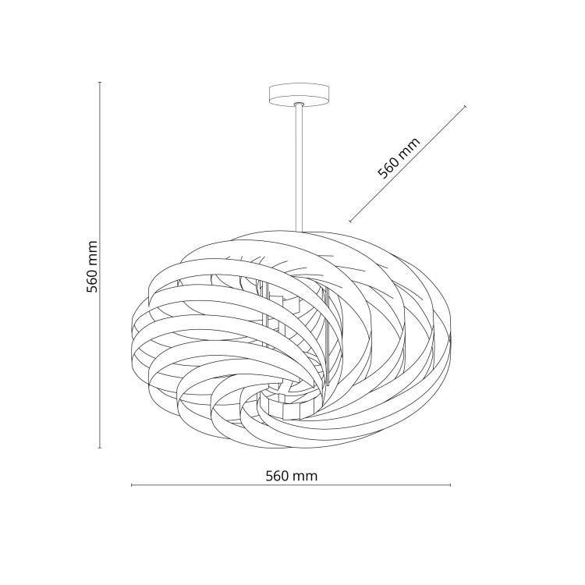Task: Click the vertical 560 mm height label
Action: point(92,267)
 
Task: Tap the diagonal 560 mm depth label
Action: point(399,158)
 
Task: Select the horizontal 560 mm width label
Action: point(292,476)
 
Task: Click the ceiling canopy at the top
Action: point(300,96)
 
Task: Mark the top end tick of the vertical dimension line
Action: point(100,82)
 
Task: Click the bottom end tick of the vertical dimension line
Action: point(100,448)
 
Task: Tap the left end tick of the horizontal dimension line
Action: point(131,485)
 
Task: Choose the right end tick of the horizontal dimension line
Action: point(451,485)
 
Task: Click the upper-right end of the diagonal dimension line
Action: point(465,107)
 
